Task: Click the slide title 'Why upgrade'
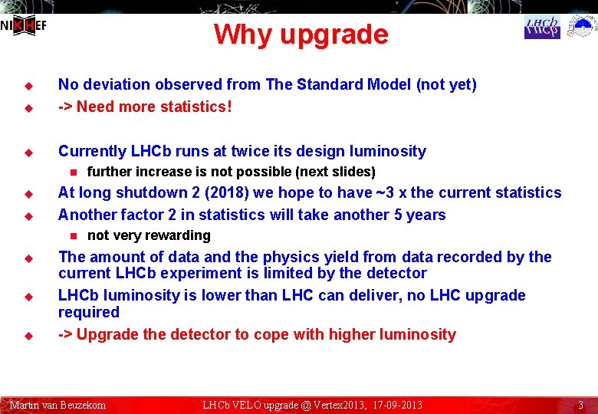pyautogui.click(x=301, y=34)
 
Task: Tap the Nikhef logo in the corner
pyautogui.click(x=24, y=26)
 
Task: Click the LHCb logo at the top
pyautogui.click(x=542, y=28)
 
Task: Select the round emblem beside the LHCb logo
pyautogui.click(x=583, y=28)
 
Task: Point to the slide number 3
pyautogui.click(x=581, y=405)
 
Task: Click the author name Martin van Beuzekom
pyautogui.click(x=58, y=405)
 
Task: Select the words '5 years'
pyautogui.click(x=418, y=215)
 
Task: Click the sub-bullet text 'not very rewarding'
pyautogui.click(x=149, y=235)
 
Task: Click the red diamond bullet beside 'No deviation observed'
pyautogui.click(x=25, y=85)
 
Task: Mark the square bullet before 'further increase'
pyautogui.click(x=74, y=172)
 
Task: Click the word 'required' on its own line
pyautogui.click(x=89, y=312)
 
